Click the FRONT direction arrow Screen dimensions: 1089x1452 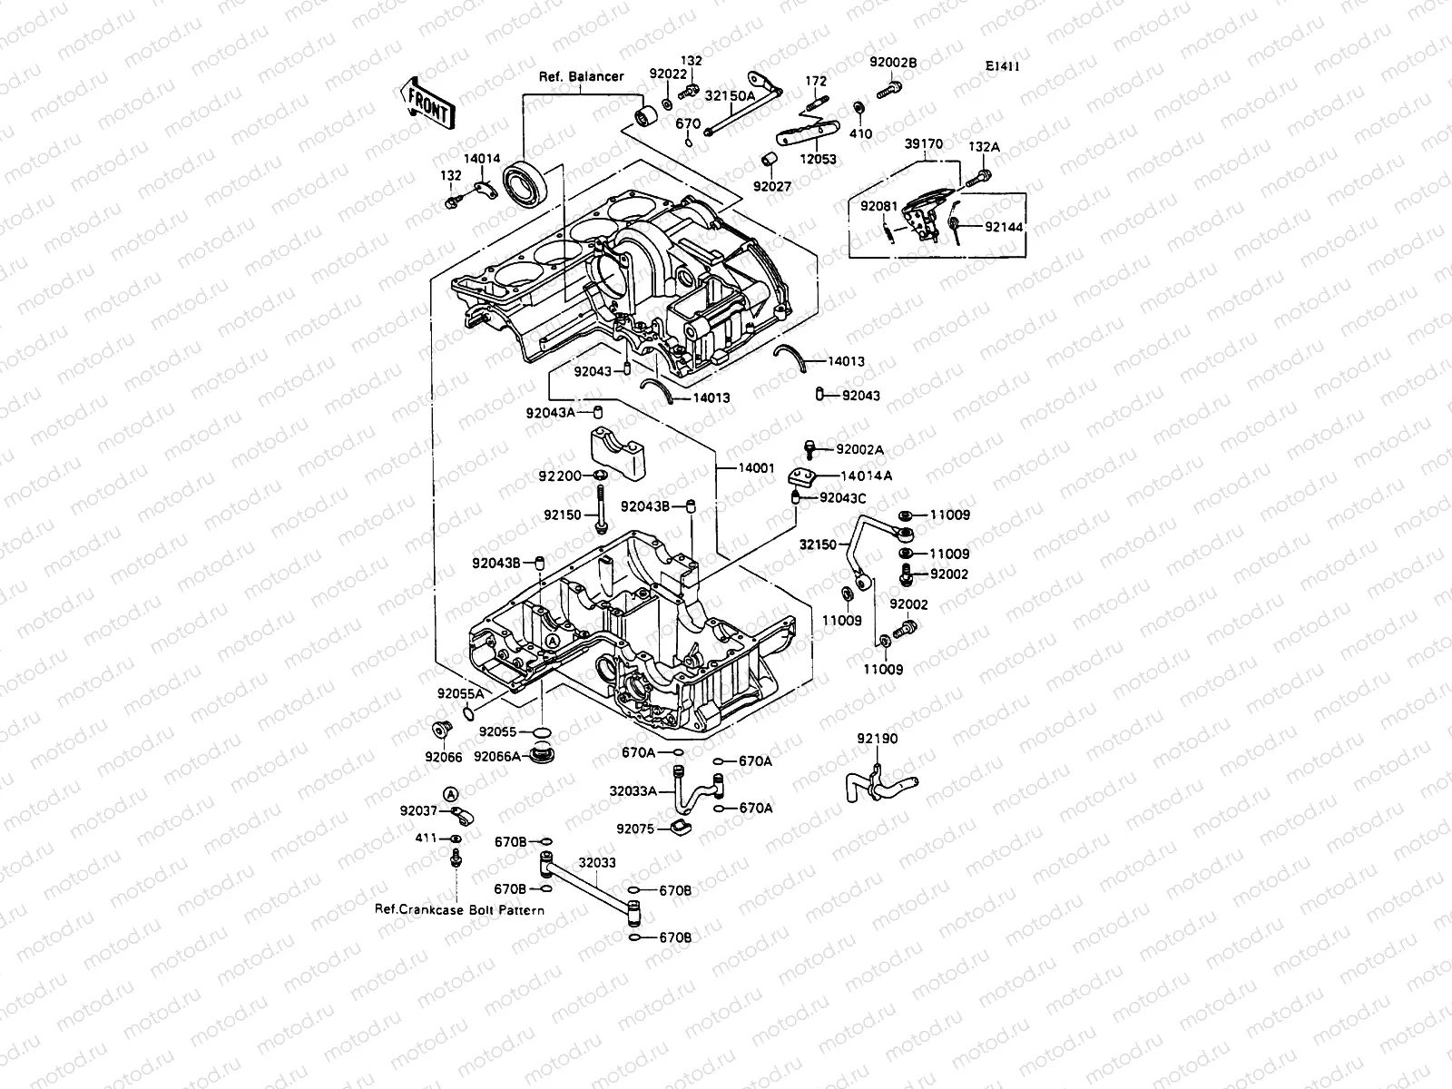[x=426, y=102]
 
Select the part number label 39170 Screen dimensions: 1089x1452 [x=923, y=143]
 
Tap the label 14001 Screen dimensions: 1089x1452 [x=756, y=469]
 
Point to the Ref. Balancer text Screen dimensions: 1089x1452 [x=581, y=76]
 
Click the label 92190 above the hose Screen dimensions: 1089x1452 [x=877, y=739]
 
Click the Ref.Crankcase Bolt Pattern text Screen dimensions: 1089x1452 [x=459, y=909]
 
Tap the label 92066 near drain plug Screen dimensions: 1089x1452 [x=443, y=757]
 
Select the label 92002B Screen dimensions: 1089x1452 [x=893, y=63]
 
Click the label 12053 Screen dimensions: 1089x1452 [x=818, y=159]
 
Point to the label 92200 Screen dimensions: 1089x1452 [x=559, y=476]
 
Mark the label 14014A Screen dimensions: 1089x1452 [x=866, y=476]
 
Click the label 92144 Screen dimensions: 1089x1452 [x=1004, y=227]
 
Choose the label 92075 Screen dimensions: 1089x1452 [x=635, y=829]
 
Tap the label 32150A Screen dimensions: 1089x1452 [x=731, y=95]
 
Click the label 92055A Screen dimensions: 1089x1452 [x=461, y=693]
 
